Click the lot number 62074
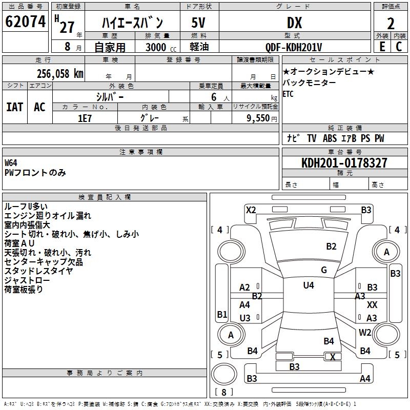click(25, 22)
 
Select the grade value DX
click(294, 23)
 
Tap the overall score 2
click(391, 24)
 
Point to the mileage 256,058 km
click(60, 74)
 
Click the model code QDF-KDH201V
click(293, 47)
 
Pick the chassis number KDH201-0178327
click(344, 163)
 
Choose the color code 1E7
click(85, 118)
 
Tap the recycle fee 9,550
click(258, 118)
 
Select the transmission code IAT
click(15, 107)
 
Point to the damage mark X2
click(251, 210)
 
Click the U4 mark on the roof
click(309, 285)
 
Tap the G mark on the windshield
click(324, 270)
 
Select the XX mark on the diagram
click(372, 304)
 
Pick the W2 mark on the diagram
click(365, 332)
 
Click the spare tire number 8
click(224, 392)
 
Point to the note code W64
click(11, 163)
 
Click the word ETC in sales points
click(288, 94)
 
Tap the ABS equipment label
click(330, 138)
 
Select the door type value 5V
click(198, 23)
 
